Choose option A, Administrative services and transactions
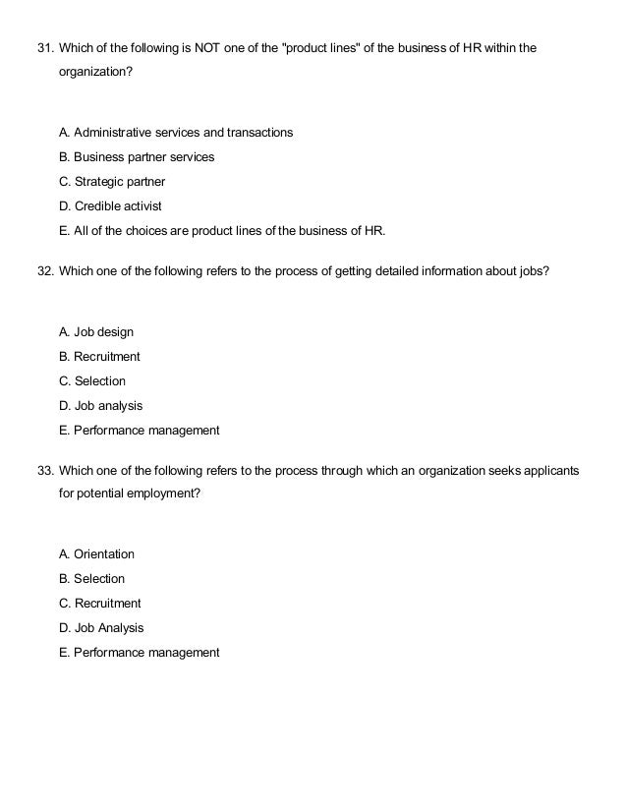[x=176, y=132]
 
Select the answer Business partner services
[x=137, y=156]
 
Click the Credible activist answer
[x=111, y=206]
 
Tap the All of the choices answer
[x=223, y=231]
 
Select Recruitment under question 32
[x=99, y=357]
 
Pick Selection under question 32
[x=92, y=381]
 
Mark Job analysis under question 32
[x=101, y=406]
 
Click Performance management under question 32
[x=140, y=431]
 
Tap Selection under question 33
[x=92, y=579]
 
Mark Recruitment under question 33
[x=100, y=604]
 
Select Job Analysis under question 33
[x=101, y=628]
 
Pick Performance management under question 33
[x=140, y=653]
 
